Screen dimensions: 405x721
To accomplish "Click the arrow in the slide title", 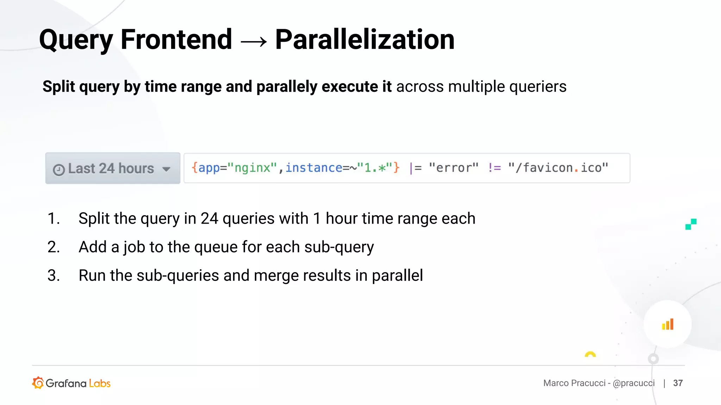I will click(x=253, y=42).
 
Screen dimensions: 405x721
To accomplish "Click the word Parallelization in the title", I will click(x=365, y=39).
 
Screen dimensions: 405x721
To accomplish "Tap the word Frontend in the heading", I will click(x=176, y=39).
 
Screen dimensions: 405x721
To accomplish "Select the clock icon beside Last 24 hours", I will click(x=59, y=170).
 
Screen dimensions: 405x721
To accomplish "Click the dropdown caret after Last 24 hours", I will click(x=166, y=169).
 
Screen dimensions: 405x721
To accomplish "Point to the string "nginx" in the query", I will click(x=252, y=168).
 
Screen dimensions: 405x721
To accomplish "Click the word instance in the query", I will click(x=313, y=168).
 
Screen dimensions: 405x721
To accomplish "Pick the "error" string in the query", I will click(x=453, y=168).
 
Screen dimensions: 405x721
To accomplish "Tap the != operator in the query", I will click(x=494, y=168).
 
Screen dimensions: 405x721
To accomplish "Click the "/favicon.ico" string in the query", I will click(x=558, y=168).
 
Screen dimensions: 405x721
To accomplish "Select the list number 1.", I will click(x=54, y=219).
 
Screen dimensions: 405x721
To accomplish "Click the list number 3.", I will click(x=54, y=276).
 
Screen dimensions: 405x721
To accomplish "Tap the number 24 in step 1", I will click(x=209, y=219).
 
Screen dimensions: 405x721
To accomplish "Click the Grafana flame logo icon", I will click(x=38, y=383).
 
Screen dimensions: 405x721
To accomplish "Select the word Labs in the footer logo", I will click(x=100, y=383).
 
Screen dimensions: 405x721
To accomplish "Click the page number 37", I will click(x=678, y=383).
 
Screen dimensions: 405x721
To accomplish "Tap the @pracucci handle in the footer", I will click(x=634, y=383).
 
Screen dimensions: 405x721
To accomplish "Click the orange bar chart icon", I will click(x=667, y=324).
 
